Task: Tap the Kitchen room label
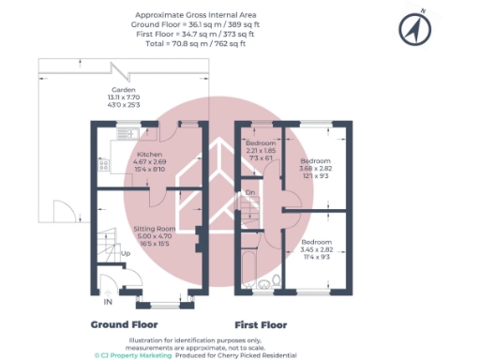[150, 154]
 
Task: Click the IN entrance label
[107, 302]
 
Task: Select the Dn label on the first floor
[249, 193]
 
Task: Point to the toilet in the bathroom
[279, 280]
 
